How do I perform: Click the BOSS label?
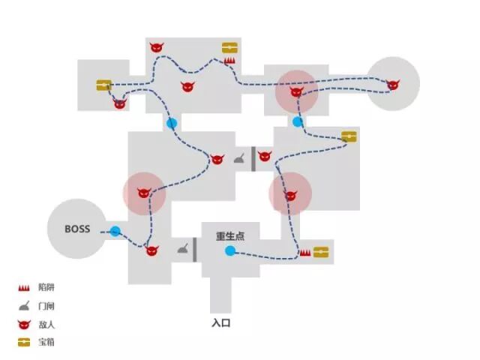point(77,229)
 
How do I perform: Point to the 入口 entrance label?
point(220,324)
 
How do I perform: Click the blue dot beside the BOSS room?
point(115,232)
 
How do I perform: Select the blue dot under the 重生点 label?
point(230,250)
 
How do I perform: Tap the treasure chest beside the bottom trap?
point(322,252)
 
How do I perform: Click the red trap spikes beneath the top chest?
point(229,61)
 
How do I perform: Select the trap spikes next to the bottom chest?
point(305,253)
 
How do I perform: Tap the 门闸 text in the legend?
point(46,306)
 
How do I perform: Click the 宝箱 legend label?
point(46,342)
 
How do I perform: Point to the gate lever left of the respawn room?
point(182,248)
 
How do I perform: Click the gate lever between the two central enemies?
point(238,158)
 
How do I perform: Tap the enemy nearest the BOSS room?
point(152,249)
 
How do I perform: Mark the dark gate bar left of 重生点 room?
point(195,249)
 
